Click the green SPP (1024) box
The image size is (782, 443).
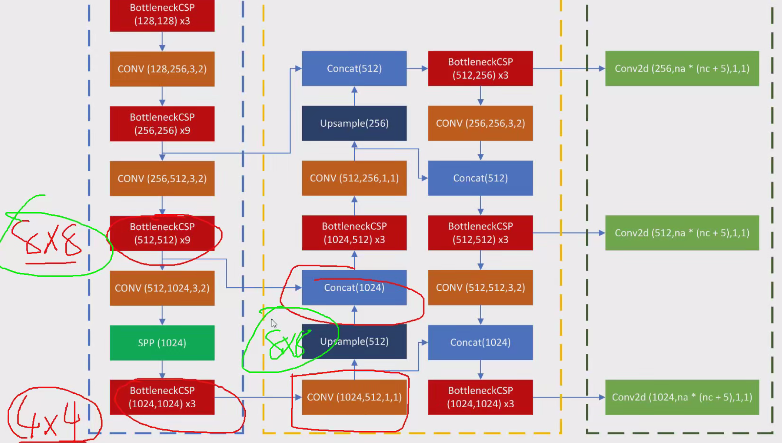coord(162,343)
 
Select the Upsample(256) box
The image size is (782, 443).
coord(354,123)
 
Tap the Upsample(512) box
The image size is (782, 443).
coord(354,342)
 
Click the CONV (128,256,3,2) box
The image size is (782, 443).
coord(162,69)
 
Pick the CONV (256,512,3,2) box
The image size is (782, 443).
coord(162,178)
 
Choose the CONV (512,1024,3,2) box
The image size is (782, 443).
coord(162,288)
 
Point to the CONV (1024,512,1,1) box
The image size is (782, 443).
coord(354,397)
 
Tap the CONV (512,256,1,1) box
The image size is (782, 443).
coord(354,178)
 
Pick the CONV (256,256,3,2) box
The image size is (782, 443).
coord(480,123)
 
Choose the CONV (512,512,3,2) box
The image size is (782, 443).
coord(480,288)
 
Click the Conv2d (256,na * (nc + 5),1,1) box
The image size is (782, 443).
coord(682,69)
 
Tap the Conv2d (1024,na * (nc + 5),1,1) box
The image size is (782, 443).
coord(682,397)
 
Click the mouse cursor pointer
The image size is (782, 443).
coord(274,323)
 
